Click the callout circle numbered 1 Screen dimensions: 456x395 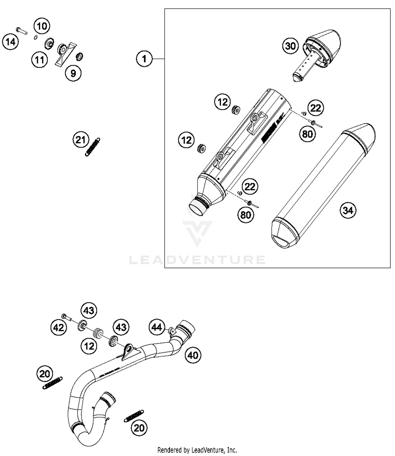144,59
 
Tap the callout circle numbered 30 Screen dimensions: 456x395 290,46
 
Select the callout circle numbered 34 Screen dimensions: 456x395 348,210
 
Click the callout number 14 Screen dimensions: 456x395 11,42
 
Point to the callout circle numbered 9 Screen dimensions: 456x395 73,73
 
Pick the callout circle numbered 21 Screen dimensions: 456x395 81,140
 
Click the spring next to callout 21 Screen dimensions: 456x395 92,147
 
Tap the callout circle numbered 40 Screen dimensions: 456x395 193,355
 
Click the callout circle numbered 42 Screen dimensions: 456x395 58,328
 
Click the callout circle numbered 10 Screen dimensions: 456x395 42,26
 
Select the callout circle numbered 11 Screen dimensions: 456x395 39,60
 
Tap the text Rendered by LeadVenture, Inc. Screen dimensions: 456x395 197,450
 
